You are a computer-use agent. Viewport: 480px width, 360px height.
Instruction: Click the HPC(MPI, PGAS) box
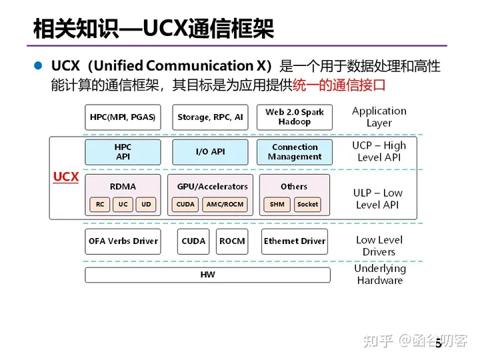[x=123, y=117]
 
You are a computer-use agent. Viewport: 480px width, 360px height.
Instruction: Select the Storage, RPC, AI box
[x=210, y=117]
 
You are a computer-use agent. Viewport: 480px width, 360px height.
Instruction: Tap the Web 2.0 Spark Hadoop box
[x=295, y=117]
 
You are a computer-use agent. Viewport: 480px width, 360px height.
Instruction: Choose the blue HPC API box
[x=123, y=152]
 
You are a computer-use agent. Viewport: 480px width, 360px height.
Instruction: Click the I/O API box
[x=210, y=152]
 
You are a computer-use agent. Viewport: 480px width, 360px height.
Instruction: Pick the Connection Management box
[x=295, y=152]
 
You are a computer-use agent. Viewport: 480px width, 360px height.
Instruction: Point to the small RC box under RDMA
[x=99, y=205]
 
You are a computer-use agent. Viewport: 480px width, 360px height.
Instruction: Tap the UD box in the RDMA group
[x=146, y=205]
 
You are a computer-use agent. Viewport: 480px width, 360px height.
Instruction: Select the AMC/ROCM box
[x=225, y=205]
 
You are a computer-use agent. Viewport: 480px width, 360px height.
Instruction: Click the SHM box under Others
[x=277, y=205]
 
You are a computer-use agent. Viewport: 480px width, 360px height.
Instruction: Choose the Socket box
[x=307, y=205]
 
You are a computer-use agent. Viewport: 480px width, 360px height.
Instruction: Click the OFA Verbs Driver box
[x=123, y=241]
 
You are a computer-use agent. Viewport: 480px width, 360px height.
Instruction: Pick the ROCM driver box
[x=232, y=241]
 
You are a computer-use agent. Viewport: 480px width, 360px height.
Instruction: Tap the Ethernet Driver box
[x=295, y=241]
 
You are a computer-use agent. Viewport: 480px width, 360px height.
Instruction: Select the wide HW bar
[x=208, y=275]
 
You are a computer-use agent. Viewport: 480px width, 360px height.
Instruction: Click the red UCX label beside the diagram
[x=66, y=177]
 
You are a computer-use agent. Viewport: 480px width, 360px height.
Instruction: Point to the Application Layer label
[x=379, y=117]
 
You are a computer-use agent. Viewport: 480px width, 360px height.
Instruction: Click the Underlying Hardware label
[x=379, y=275]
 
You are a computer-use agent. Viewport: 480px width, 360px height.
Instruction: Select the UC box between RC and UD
[x=123, y=205]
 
